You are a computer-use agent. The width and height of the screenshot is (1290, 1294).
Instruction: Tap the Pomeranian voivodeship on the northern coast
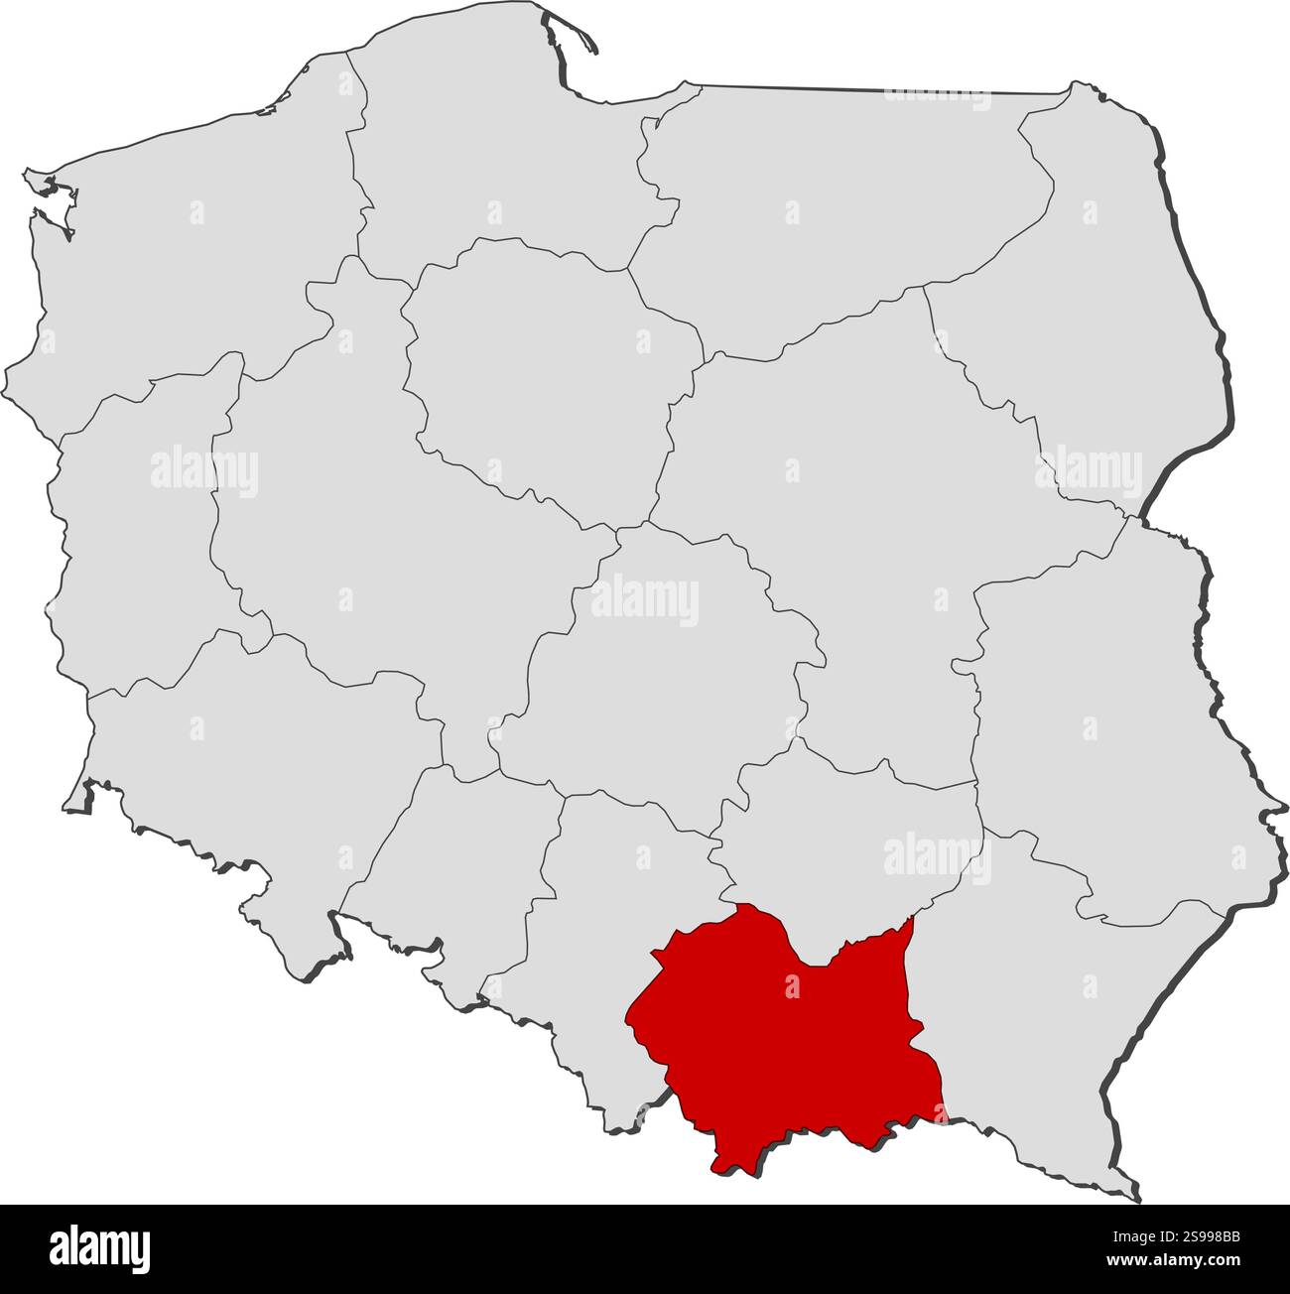486,169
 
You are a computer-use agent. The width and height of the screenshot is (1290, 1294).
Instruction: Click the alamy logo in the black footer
100,1247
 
